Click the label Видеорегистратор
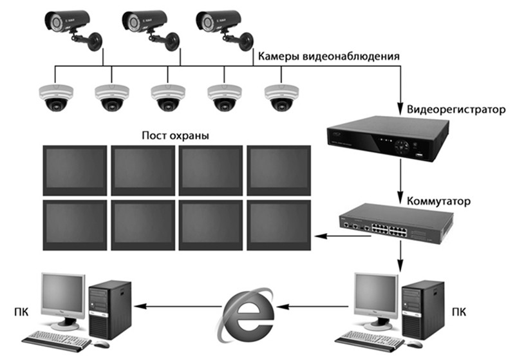[456, 109]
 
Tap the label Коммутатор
[438, 201]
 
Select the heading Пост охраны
[175, 135]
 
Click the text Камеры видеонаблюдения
[329, 57]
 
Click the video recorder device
[388, 139]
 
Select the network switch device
[397, 224]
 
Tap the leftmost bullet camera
[73, 30]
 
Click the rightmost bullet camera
[224, 30]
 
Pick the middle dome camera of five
[168, 97]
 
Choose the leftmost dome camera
[56, 97]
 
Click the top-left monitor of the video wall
[75, 171]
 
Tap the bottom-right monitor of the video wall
[279, 225]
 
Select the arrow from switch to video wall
[343, 236]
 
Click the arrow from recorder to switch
[400, 182]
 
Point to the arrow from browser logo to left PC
[178, 307]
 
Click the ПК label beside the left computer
[21, 312]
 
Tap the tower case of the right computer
[424, 309]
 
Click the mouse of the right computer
[414, 344]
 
